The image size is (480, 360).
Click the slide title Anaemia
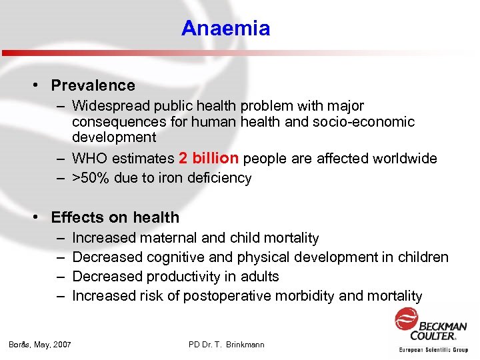click(225, 29)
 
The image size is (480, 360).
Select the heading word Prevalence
click(93, 85)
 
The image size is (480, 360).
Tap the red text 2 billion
click(209, 159)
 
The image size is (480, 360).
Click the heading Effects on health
click(115, 217)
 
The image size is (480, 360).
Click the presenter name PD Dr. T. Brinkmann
click(227, 345)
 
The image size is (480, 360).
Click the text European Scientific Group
click(433, 349)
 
